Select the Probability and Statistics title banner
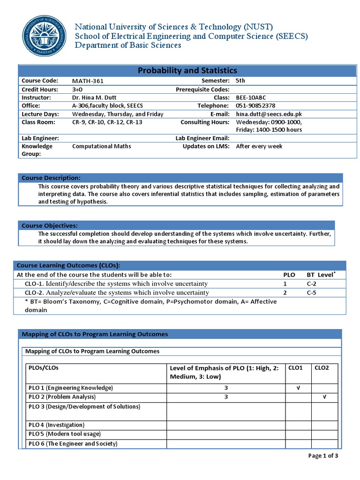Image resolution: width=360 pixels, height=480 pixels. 187,70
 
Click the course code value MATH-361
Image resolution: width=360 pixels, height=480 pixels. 88,81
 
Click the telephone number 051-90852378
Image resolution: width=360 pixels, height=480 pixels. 255,106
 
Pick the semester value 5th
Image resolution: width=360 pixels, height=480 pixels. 240,81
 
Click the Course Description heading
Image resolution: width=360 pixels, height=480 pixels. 51,178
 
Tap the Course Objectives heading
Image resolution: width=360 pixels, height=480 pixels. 50,225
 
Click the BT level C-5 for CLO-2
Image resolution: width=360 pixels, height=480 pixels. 312,292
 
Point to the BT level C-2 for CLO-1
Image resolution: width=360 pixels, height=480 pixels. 312,284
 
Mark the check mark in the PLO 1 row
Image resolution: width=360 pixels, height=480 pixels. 299,388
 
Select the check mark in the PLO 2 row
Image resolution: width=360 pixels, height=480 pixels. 324,397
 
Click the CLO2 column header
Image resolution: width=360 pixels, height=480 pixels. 322,368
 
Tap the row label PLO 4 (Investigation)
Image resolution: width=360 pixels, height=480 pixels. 56,425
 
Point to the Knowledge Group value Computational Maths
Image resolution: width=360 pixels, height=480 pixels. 101,146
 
